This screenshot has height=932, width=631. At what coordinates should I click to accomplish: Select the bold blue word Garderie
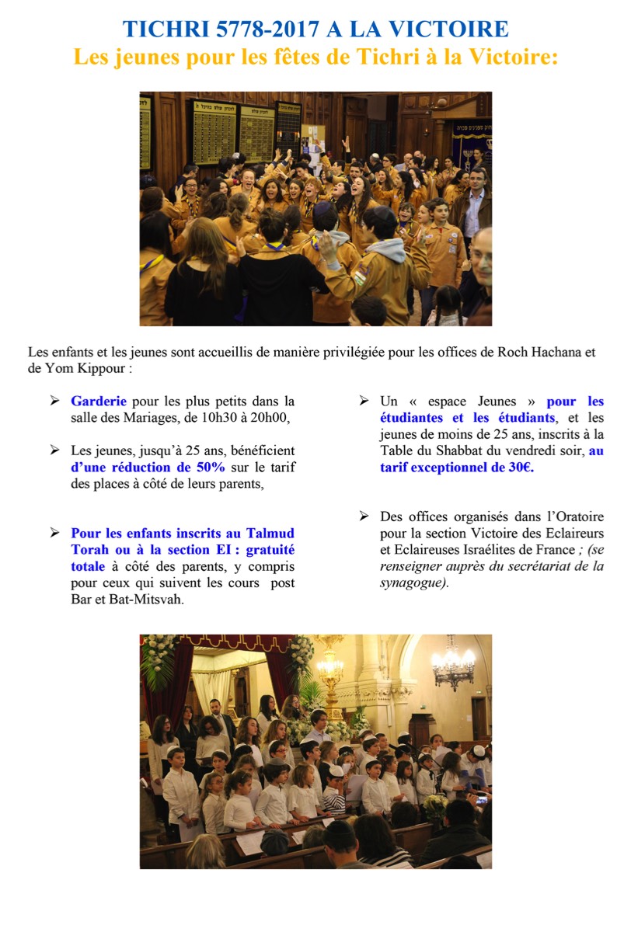[x=98, y=402]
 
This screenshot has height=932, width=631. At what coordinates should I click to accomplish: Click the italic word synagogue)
[x=414, y=582]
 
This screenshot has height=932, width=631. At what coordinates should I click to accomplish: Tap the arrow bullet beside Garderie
[x=55, y=402]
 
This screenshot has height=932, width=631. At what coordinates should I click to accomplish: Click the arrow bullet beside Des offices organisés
[x=364, y=516]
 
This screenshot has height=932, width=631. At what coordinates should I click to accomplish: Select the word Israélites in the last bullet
[x=483, y=550]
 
